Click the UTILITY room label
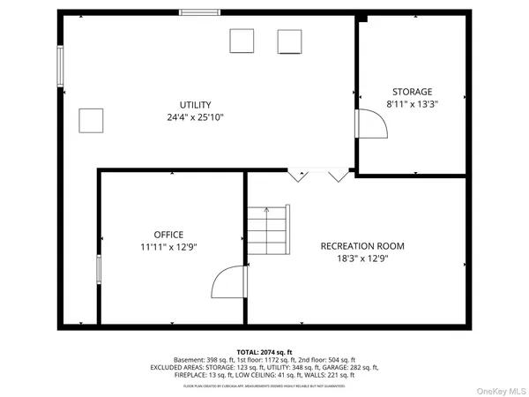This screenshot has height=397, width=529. tap(196, 105)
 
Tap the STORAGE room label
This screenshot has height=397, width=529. tap(412, 92)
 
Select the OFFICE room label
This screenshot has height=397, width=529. tap(168, 235)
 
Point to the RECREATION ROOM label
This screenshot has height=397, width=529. tap(362, 246)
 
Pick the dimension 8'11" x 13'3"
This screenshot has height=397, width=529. tap(412, 104)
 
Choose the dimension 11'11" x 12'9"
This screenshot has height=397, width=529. tap(168, 247)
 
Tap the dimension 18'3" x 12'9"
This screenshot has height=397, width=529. tap(362, 258)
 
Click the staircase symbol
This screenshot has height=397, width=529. tap(268, 232)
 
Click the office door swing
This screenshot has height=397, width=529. tap(228, 283)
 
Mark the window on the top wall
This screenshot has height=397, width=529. tap(199, 12)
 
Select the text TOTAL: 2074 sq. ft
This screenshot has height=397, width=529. tap(264, 351)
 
